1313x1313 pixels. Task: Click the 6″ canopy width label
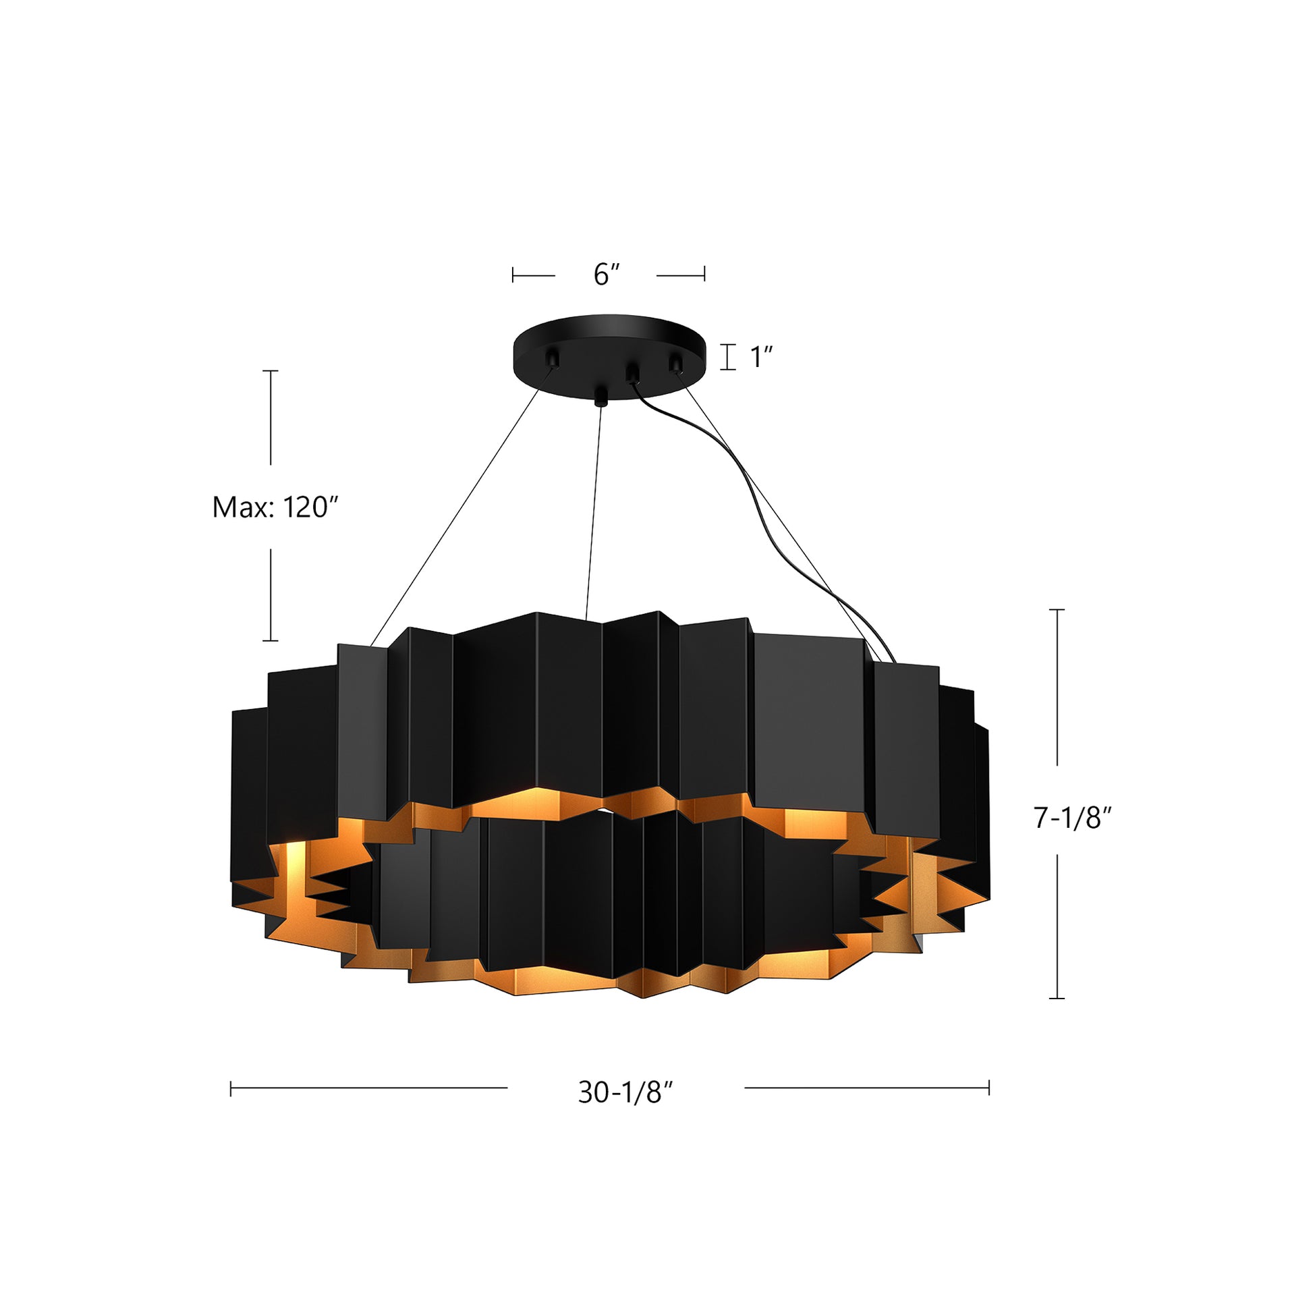coord(607,275)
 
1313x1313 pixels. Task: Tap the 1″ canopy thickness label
coord(761,358)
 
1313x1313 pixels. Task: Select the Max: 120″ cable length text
coord(275,507)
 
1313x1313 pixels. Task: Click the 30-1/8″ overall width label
coord(625,1093)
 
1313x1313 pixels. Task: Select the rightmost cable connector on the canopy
coord(676,363)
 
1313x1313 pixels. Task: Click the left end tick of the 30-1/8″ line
coord(231,1088)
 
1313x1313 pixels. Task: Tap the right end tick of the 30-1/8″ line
coord(989,1088)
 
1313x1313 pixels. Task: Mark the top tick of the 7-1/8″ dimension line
coord(1057,611)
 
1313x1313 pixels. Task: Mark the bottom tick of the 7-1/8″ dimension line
coord(1057,999)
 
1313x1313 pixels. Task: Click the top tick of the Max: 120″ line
coord(271,371)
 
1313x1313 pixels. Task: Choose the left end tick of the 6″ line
coord(513,275)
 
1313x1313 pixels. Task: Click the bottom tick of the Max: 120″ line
coord(271,640)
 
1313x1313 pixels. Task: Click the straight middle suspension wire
coord(593,509)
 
